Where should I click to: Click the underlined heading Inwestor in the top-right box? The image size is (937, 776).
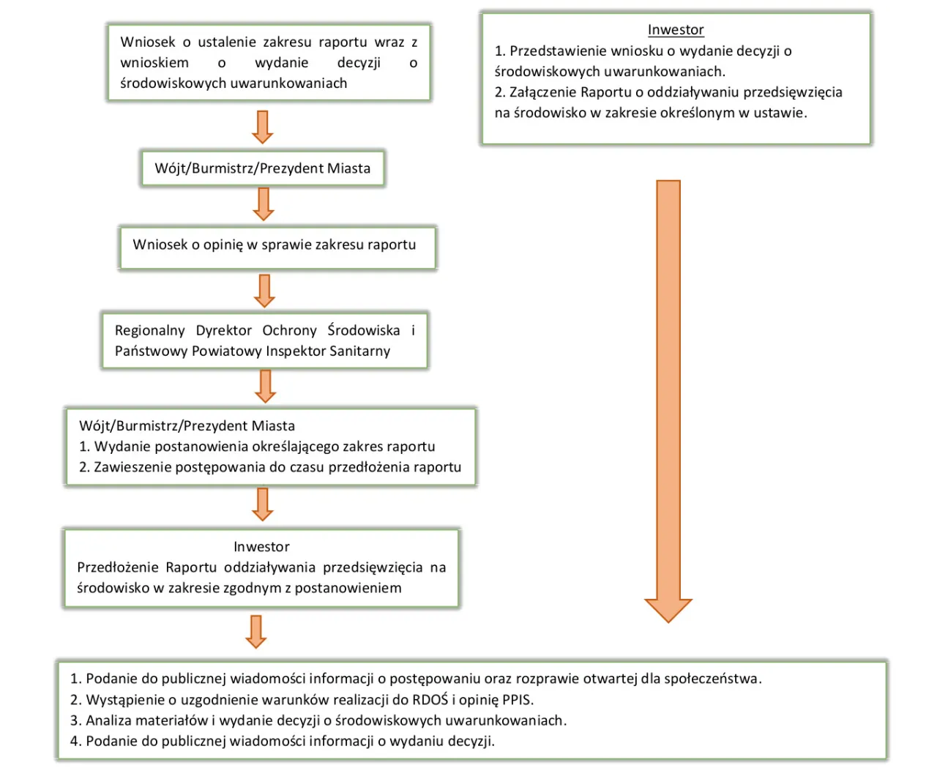(x=676, y=30)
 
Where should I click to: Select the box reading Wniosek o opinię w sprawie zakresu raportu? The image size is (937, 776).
(x=277, y=247)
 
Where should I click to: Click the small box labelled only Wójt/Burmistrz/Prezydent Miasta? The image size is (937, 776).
(x=263, y=168)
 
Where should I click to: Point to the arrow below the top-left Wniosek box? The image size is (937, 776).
(x=263, y=127)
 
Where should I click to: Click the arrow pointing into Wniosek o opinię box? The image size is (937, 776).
(x=264, y=204)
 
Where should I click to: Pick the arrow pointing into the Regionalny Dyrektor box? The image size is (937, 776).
(x=264, y=291)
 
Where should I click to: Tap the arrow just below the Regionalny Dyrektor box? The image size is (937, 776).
(x=265, y=386)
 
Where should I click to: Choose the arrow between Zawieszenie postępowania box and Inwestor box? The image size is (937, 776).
(x=263, y=504)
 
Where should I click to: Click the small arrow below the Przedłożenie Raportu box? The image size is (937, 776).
(x=256, y=631)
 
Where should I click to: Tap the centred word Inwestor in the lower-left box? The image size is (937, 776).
(x=261, y=547)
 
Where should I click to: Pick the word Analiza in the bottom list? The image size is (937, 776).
(x=109, y=720)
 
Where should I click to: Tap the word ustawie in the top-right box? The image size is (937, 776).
(x=780, y=113)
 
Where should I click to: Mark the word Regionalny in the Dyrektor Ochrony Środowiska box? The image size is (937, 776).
(x=149, y=331)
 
